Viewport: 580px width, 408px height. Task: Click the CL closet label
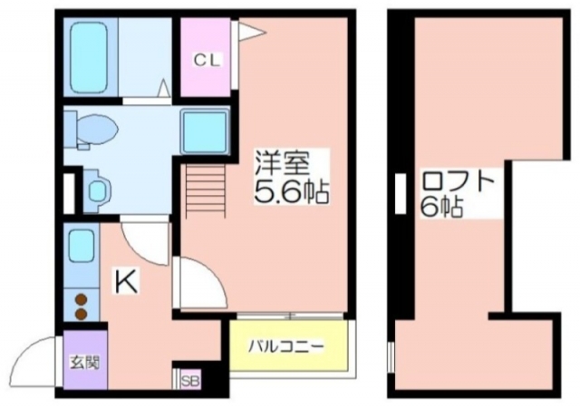[207, 61]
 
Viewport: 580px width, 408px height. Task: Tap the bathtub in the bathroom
[89, 58]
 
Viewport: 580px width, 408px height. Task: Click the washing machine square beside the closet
[205, 131]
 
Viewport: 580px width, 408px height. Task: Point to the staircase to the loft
[205, 191]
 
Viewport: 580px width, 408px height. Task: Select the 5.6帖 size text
[291, 192]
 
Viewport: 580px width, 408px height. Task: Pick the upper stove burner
[81, 300]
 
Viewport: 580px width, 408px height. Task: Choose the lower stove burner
[81, 314]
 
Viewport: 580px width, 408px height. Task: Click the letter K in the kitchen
[126, 282]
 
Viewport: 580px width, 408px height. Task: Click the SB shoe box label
[191, 381]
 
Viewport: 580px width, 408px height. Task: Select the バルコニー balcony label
[286, 347]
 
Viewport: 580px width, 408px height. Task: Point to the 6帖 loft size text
[441, 208]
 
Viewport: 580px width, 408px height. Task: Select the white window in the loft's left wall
[401, 193]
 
